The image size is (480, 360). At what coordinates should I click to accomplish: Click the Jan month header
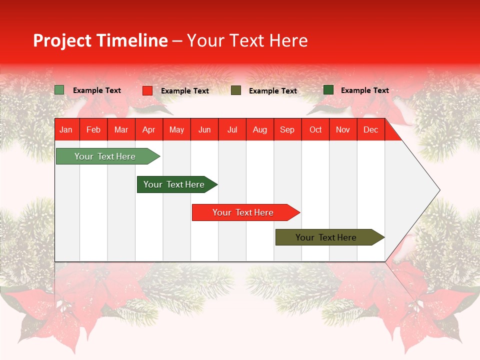click(66, 130)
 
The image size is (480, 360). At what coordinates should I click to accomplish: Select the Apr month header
click(148, 130)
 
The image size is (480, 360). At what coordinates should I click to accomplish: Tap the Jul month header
click(232, 130)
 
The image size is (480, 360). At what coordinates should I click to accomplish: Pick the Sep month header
click(287, 130)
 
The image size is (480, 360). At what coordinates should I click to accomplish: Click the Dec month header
click(370, 130)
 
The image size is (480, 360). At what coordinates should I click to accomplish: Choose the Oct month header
click(315, 130)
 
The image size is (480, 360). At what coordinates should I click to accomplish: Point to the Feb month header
click(93, 130)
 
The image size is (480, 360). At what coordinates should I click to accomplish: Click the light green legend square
click(59, 90)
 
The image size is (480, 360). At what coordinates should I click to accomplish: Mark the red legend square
click(147, 90)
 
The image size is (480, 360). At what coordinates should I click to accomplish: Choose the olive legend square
click(236, 90)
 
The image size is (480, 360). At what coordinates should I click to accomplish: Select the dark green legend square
click(328, 90)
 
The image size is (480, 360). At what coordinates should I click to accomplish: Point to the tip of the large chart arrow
click(439, 190)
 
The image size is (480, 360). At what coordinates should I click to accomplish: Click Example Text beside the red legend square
click(184, 91)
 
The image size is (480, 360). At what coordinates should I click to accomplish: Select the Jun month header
click(204, 130)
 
